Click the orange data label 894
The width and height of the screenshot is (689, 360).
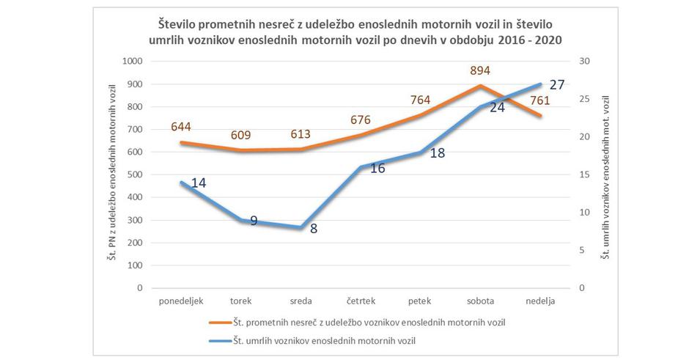click(x=481, y=70)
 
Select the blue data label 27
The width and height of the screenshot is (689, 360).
click(x=557, y=84)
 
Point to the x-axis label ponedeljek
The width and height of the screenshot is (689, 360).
click(x=180, y=301)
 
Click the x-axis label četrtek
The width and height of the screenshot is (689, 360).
click(x=361, y=301)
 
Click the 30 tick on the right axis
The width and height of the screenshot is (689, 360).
click(x=584, y=62)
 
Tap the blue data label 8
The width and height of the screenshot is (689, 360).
click(x=314, y=229)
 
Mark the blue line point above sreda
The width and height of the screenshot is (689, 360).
click(x=301, y=227)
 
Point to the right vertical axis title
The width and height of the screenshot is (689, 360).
click(x=605, y=175)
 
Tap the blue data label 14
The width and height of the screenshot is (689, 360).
click(x=198, y=183)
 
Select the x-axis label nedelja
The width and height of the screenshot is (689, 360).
click(x=541, y=301)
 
